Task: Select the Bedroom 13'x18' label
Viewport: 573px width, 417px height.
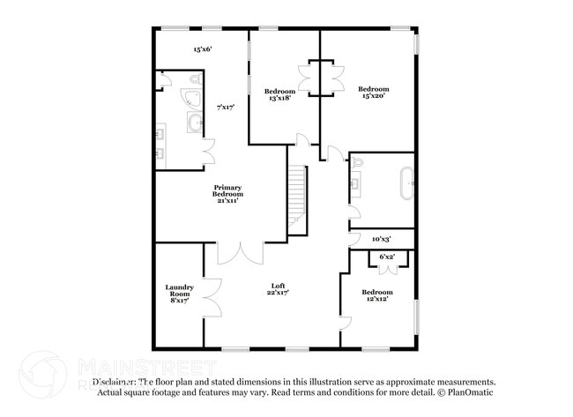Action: click(x=279, y=94)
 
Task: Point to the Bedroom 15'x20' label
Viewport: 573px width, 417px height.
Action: click(x=373, y=93)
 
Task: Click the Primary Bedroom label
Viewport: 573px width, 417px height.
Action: click(x=227, y=194)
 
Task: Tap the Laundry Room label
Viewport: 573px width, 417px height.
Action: click(x=179, y=294)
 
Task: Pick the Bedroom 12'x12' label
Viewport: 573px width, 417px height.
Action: click(x=376, y=295)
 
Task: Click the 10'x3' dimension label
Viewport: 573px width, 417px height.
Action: click(x=381, y=238)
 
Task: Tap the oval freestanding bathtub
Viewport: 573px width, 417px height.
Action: click(x=406, y=184)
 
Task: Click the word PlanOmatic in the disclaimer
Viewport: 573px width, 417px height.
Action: click(x=473, y=392)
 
